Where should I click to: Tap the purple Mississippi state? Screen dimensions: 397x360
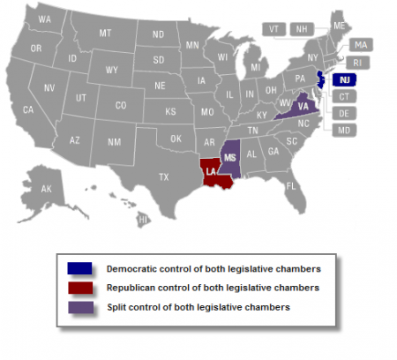pyautogui.click(x=230, y=158)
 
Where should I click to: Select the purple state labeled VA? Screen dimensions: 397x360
pyautogui.click(x=302, y=106)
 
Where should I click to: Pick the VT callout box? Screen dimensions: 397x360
pyautogui.click(x=275, y=28)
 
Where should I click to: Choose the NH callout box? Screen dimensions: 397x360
pyautogui.click(x=301, y=28)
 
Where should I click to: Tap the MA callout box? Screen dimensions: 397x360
pyautogui.click(x=360, y=44)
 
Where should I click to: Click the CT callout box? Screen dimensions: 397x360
pyautogui.click(x=344, y=95)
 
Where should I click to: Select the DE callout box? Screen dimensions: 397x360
pyautogui.click(x=344, y=113)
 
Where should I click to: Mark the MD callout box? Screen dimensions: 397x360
pyautogui.click(x=344, y=131)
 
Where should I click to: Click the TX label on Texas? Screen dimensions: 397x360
pyautogui.click(x=164, y=176)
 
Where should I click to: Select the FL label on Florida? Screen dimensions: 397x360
pyautogui.click(x=291, y=186)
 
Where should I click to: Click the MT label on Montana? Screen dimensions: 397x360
pyautogui.click(x=105, y=33)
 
